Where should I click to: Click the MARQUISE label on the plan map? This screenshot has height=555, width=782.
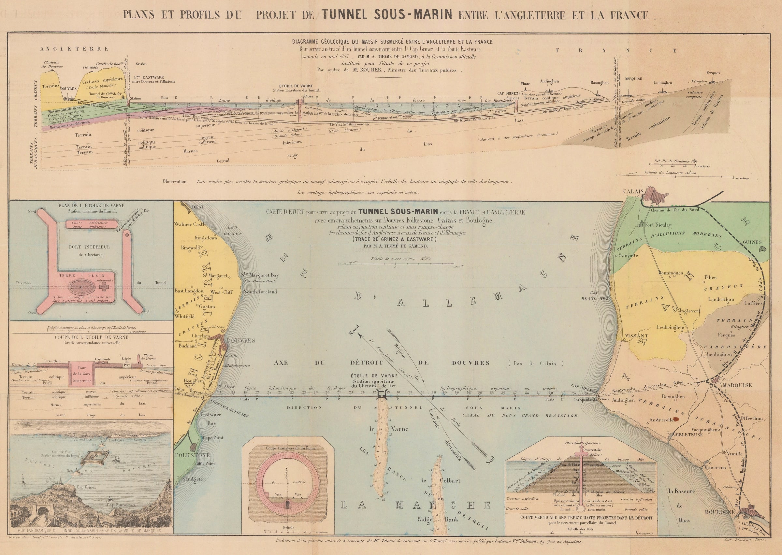point(737,385)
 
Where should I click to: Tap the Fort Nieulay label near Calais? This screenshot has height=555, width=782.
point(658,225)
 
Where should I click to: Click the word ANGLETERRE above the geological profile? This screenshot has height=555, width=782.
point(74,49)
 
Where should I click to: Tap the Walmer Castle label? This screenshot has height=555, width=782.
point(190,224)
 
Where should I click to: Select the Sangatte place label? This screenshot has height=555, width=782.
point(628,255)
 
